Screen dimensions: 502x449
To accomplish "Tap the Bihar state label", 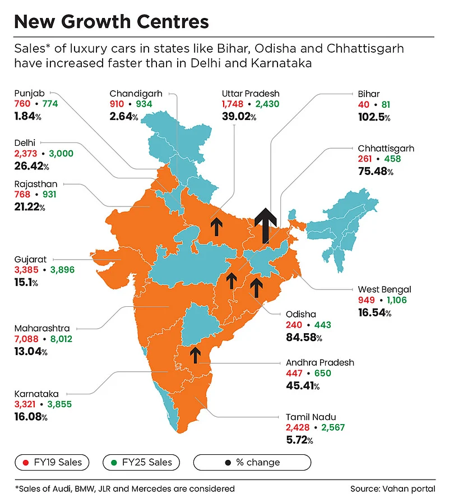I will click(369, 94).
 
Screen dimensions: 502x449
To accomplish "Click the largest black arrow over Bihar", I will click(265, 225).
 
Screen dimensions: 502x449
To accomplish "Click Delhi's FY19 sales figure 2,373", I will click(25, 154).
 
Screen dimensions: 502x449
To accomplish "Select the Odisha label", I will click(301, 314).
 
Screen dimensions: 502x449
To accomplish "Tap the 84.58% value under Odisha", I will click(304, 338).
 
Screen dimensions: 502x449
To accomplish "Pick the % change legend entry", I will click(252, 462).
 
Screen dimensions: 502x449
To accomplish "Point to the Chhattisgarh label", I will click(386, 149).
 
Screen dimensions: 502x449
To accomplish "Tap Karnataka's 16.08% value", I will click(30, 417).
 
